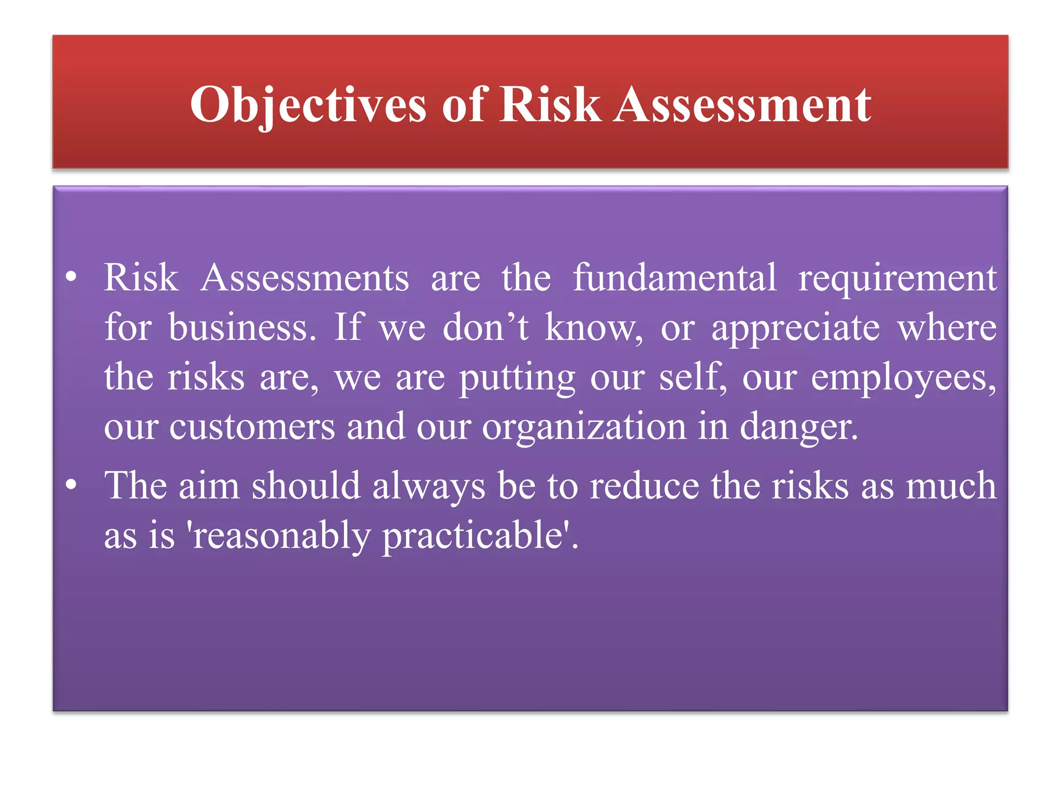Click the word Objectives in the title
coord(308,105)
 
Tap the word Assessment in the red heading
coord(742,105)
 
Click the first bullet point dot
coord(71,277)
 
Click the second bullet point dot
coord(71,486)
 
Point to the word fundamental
coord(674,278)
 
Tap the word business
coord(241,328)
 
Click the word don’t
coord(485,328)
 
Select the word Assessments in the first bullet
coord(305,278)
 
